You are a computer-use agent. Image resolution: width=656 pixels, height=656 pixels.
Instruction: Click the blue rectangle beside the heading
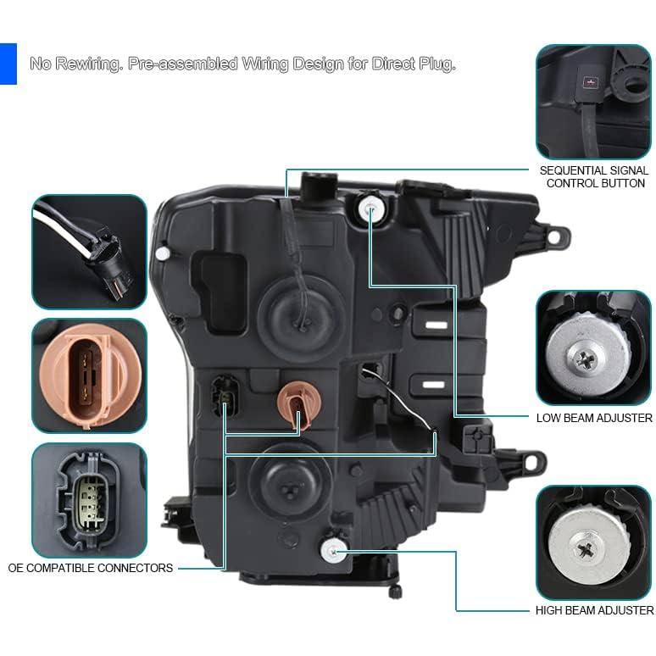tap(8, 64)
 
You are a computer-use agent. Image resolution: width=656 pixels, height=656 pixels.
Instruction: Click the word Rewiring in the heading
tap(89, 64)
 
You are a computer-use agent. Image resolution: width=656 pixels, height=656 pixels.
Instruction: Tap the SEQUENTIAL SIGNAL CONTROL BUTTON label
tap(594, 177)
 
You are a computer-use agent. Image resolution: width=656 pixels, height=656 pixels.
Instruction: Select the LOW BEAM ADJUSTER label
tap(594, 418)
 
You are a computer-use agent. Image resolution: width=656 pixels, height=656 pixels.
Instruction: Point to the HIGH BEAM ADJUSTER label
tap(594, 610)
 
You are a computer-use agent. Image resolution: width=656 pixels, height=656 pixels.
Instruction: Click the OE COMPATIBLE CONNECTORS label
tap(91, 568)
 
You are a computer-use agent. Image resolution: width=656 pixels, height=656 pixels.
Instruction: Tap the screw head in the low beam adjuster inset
tap(584, 359)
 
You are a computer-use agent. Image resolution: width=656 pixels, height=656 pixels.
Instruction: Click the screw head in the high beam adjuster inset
tap(587, 549)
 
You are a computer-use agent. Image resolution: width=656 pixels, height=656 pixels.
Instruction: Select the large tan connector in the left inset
tap(84, 376)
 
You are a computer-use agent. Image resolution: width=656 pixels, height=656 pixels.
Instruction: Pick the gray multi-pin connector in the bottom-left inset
tap(89, 499)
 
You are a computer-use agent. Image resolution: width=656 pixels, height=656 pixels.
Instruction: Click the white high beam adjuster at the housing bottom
tap(333, 551)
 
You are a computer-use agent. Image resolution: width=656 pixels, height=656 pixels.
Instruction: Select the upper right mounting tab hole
tap(554, 237)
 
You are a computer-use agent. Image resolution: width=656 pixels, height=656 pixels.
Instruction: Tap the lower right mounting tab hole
tap(531, 462)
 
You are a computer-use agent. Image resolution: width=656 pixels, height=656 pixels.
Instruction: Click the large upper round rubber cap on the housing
tap(302, 317)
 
